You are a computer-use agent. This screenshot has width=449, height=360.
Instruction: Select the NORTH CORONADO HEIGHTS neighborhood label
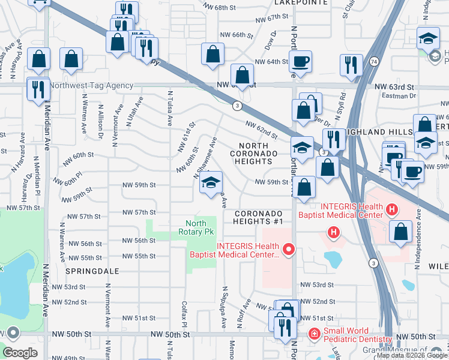(x=258, y=154)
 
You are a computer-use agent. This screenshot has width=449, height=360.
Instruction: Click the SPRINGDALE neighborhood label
(x=92, y=271)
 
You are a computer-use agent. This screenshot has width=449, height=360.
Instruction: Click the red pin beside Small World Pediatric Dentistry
(x=314, y=334)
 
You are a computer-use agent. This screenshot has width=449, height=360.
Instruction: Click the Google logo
(x=20, y=353)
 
